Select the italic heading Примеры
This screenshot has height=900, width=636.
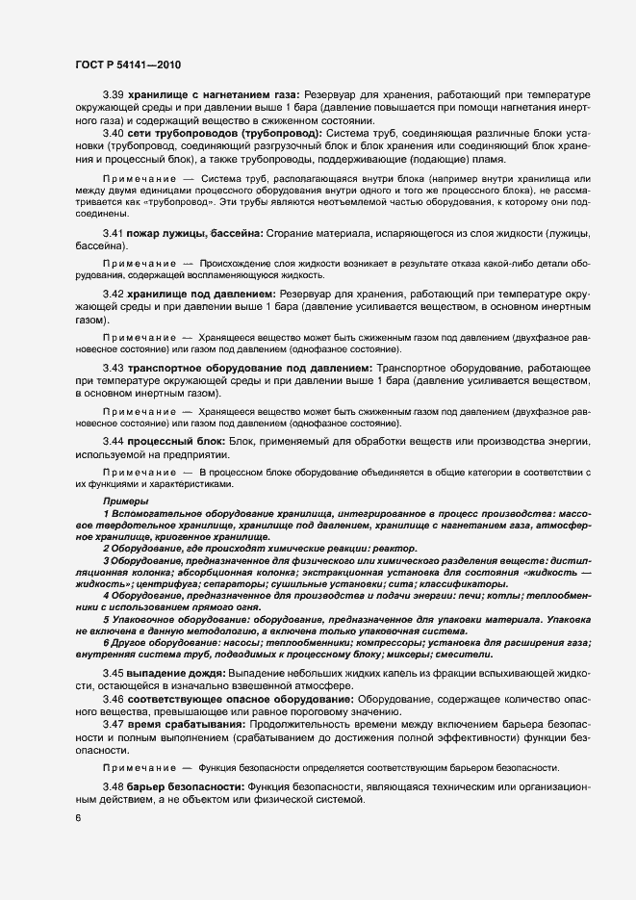coord(121,503)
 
